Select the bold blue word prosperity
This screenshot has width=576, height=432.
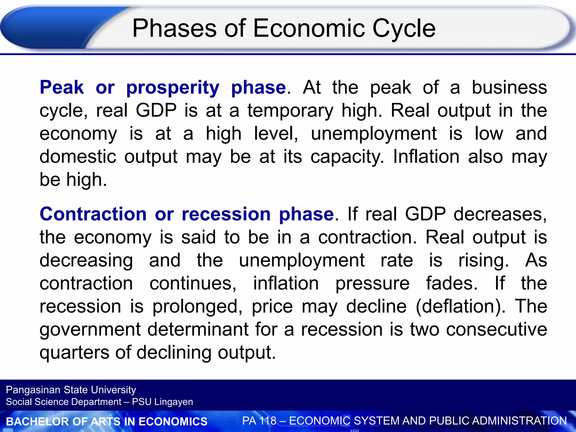(x=173, y=88)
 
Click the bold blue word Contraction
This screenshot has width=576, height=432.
(x=93, y=214)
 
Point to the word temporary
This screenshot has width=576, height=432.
(x=290, y=111)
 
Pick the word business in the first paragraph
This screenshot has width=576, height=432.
(x=509, y=87)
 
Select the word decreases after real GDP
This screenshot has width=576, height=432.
(x=500, y=214)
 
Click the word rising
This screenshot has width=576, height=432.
(x=483, y=260)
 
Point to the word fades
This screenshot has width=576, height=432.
(x=452, y=283)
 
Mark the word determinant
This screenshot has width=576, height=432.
(x=198, y=329)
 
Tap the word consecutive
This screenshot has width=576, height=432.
(x=496, y=329)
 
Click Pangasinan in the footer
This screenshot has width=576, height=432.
(x=33, y=390)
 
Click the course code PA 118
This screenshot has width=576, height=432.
(x=259, y=421)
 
